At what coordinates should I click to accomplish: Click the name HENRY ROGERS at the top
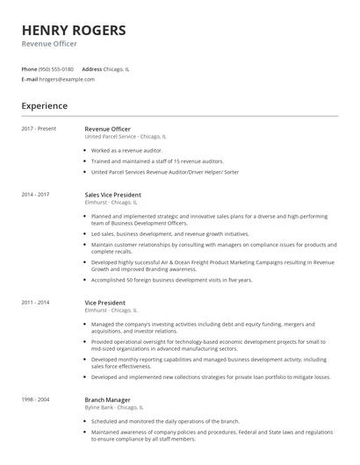tap(73, 30)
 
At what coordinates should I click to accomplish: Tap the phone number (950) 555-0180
tap(57, 68)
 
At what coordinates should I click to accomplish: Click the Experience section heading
tap(45, 105)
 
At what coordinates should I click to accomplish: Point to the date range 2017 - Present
tap(39, 129)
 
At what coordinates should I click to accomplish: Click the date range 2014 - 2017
tap(36, 194)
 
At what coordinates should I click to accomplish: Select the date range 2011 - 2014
tap(36, 302)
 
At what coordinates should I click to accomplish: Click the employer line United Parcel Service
tap(126, 137)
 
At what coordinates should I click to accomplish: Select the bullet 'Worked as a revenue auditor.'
tap(127, 150)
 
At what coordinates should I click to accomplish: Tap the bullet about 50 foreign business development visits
tap(171, 280)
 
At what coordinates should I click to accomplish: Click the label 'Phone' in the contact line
tap(29, 68)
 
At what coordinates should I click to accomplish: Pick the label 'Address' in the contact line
tap(91, 68)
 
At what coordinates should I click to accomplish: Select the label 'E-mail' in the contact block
tap(30, 79)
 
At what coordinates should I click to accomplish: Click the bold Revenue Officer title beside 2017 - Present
tap(107, 129)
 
